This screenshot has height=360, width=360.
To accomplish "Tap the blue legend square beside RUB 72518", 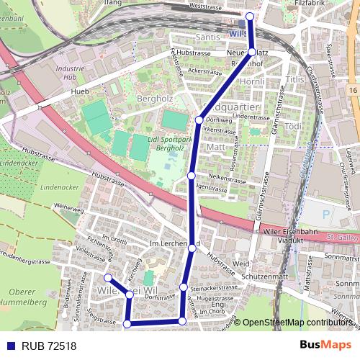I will pyautogui.click(x=9, y=346).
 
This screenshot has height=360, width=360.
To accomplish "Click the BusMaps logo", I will pyautogui.click(x=326, y=345).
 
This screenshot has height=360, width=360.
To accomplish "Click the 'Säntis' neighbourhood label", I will pyautogui.click(x=208, y=37).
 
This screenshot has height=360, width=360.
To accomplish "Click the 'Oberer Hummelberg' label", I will pyautogui.click(x=24, y=297).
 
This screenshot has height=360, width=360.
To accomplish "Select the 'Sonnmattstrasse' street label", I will pyautogui.click(x=341, y=256).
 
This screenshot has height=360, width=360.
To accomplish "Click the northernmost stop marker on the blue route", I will pyautogui.click(x=250, y=16).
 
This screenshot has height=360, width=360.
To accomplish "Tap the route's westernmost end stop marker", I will pyautogui.click(x=107, y=278).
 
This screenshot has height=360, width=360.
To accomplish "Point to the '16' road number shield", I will pyautogui.click(x=352, y=87).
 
